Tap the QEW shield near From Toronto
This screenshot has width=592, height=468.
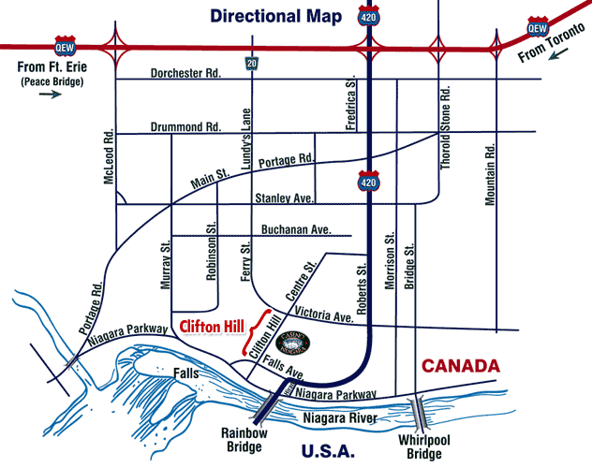(x=537, y=23)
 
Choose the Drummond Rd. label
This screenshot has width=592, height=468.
(x=185, y=126)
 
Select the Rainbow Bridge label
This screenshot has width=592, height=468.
(x=246, y=439)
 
